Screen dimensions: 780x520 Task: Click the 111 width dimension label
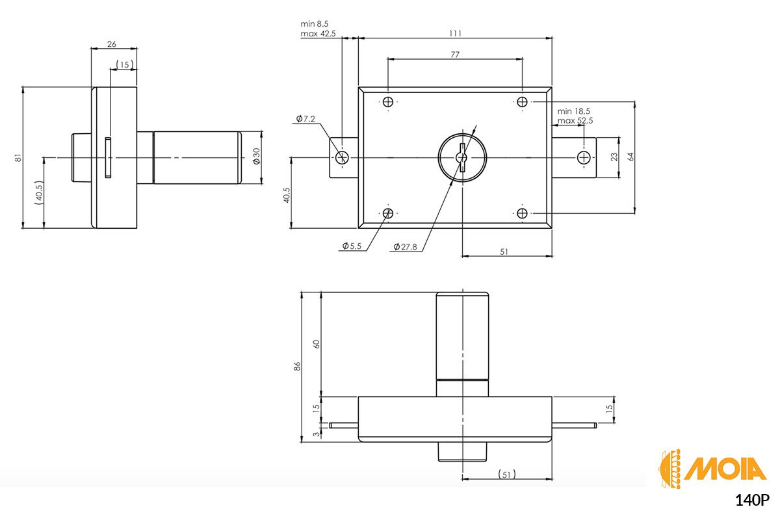pyautogui.click(x=455, y=33)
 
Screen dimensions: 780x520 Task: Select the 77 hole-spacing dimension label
pyautogui.click(x=455, y=55)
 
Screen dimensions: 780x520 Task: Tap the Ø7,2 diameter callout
pyautogui.click(x=305, y=119)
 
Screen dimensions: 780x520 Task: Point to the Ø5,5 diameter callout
pyautogui.click(x=352, y=246)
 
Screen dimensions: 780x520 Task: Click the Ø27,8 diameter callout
pyautogui.click(x=405, y=247)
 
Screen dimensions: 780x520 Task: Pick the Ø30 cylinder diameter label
pyautogui.click(x=257, y=157)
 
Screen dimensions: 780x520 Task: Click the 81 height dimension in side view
pyautogui.click(x=18, y=157)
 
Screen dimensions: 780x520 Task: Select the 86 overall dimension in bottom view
pyautogui.click(x=297, y=367)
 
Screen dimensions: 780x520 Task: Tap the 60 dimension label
pyautogui.click(x=316, y=344)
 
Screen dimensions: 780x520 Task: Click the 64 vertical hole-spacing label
pyautogui.click(x=630, y=157)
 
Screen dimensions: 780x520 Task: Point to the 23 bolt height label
pyautogui.click(x=614, y=157)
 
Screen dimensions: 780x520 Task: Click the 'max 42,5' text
pyautogui.click(x=318, y=34)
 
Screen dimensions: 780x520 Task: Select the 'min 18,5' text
pyautogui.click(x=574, y=111)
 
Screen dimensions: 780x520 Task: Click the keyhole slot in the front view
pyautogui.click(x=462, y=157)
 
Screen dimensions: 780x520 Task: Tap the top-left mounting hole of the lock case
pyautogui.click(x=388, y=102)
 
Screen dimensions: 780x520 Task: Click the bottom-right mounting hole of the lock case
pyautogui.click(x=522, y=213)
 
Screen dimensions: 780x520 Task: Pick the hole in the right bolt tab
pyautogui.click(x=584, y=157)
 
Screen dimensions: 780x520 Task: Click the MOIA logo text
pyautogui.click(x=725, y=469)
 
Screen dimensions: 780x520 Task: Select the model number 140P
pyautogui.click(x=752, y=501)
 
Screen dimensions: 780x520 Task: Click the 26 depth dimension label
pyautogui.click(x=111, y=44)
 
